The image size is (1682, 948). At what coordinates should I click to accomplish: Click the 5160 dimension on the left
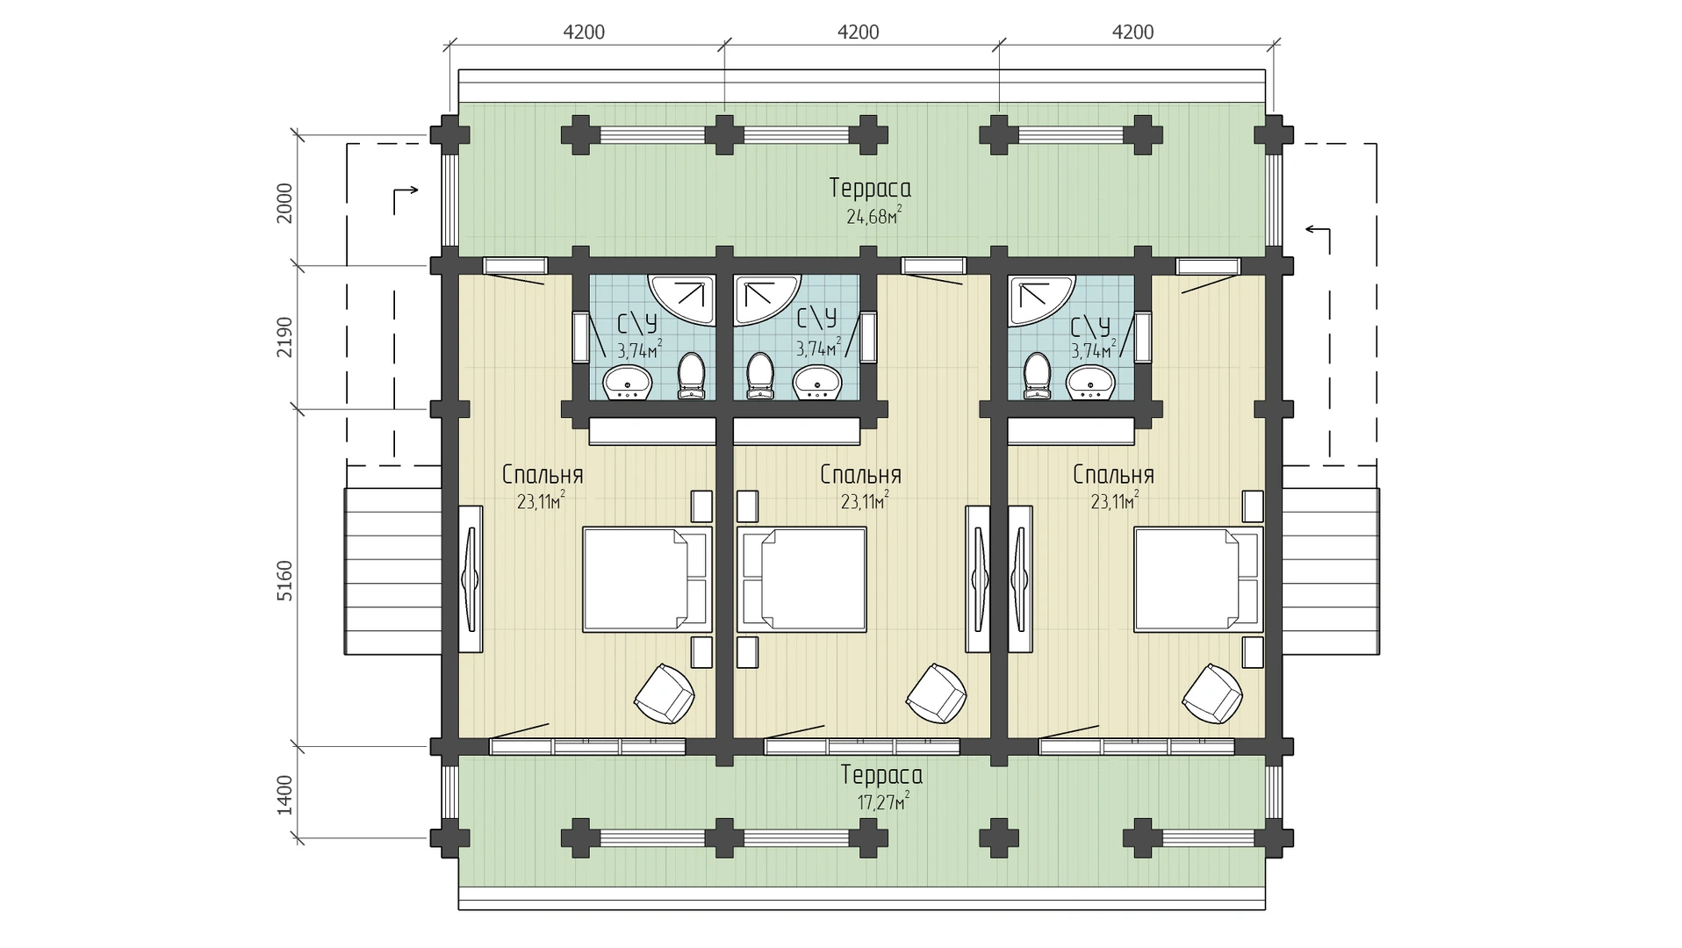(284, 580)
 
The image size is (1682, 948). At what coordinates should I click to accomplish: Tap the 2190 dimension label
(284, 337)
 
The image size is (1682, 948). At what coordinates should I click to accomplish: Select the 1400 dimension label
(284, 794)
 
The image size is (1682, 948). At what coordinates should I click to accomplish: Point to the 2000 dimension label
(284, 203)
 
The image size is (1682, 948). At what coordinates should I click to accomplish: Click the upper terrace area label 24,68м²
(874, 215)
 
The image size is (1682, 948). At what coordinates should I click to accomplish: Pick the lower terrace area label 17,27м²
(882, 801)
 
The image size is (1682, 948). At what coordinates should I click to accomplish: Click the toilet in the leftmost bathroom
(692, 377)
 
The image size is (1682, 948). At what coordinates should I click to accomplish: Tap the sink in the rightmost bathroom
(1090, 382)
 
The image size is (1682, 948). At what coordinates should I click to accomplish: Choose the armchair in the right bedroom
(1212, 693)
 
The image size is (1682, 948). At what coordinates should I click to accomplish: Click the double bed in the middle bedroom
(801, 579)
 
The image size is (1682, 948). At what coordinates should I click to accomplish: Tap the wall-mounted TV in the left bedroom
(471, 579)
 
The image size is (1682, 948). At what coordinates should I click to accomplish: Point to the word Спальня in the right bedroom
(1113, 475)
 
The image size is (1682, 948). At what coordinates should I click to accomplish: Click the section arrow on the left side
(404, 200)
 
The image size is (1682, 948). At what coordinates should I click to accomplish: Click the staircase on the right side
(1331, 571)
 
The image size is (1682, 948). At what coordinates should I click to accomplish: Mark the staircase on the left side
(392, 571)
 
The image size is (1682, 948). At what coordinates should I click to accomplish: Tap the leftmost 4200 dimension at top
(584, 32)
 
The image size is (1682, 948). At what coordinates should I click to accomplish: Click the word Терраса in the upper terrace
(870, 188)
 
